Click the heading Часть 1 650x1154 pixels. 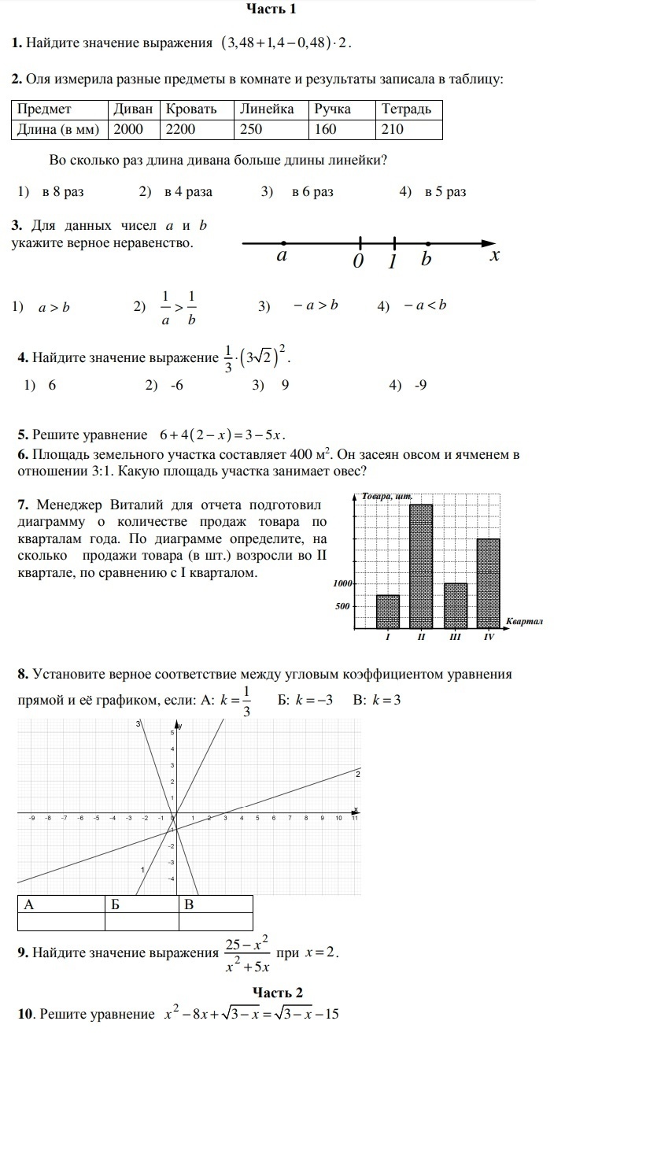pyautogui.click(x=271, y=9)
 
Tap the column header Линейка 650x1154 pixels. pyautogui.click(x=268, y=109)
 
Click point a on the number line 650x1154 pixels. pyautogui.click(x=283, y=243)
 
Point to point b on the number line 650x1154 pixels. pyautogui.click(x=427, y=243)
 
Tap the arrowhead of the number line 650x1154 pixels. pyautogui.click(x=489, y=243)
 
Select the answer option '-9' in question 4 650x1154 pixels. pyautogui.click(x=420, y=386)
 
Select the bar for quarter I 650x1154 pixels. pyautogui.click(x=388, y=612)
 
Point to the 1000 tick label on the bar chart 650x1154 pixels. pyautogui.click(x=342, y=584)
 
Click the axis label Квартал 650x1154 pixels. pyautogui.click(x=524, y=622)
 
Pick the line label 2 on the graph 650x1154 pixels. pyautogui.click(x=357, y=775)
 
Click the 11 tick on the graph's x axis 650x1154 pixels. pyautogui.click(x=355, y=819)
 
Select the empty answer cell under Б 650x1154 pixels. pyautogui.click(x=142, y=922)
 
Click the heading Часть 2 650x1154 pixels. pyautogui.click(x=278, y=993)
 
